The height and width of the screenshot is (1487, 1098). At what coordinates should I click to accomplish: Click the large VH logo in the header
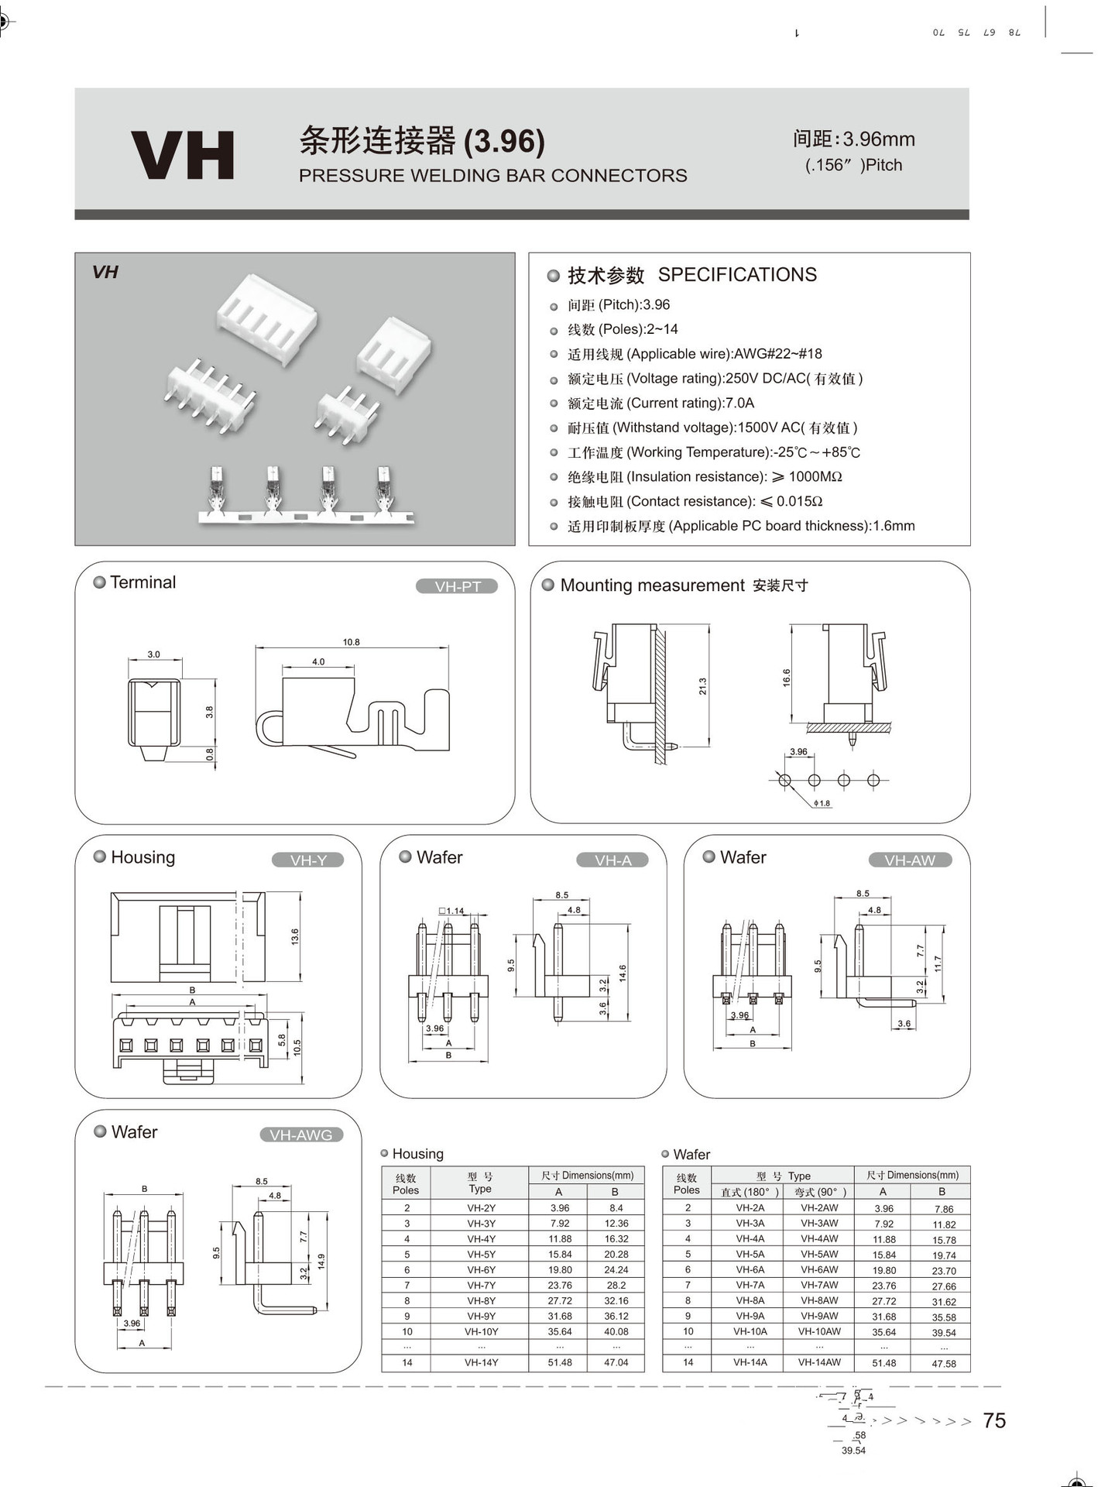(183, 155)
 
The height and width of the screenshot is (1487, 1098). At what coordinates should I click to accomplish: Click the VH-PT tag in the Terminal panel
(457, 586)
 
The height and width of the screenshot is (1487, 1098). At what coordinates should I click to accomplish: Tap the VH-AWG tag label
(300, 1135)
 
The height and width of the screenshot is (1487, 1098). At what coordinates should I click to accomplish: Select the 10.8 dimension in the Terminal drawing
(351, 642)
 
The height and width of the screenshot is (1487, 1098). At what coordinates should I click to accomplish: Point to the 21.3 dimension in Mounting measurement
(702, 686)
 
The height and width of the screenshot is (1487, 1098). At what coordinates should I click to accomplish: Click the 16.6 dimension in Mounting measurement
(787, 678)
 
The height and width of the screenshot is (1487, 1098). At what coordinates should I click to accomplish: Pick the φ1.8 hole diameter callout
(822, 803)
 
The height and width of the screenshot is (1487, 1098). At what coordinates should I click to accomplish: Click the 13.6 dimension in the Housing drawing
(295, 936)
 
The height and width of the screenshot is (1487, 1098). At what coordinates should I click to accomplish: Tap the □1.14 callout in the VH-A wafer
(451, 911)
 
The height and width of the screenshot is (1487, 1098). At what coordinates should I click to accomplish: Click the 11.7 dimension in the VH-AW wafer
(938, 964)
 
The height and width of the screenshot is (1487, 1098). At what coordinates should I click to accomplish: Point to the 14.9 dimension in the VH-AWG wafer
(321, 1262)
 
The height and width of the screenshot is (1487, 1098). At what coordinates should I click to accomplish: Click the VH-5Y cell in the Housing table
(481, 1254)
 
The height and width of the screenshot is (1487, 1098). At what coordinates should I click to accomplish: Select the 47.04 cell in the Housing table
(616, 1362)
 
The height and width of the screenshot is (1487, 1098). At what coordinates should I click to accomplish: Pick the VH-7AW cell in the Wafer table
(818, 1285)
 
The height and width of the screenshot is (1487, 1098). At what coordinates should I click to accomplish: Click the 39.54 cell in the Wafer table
(943, 1333)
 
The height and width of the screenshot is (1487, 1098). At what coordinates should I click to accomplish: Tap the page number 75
(993, 1420)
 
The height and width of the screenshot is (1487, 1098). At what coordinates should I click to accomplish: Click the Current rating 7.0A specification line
(661, 403)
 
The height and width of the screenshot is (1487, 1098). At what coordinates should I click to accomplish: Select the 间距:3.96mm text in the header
(853, 139)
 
